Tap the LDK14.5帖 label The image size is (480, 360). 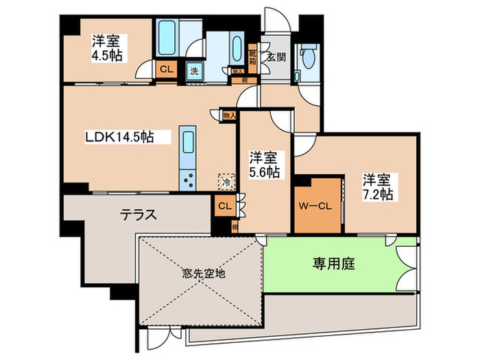point(118,137)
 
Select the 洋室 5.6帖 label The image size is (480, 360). point(264,164)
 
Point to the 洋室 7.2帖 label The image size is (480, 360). point(378,187)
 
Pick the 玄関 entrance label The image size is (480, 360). point(276,56)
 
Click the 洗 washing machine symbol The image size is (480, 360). point(194,70)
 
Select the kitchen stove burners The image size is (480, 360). point(188,178)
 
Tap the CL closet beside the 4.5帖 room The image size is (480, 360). point(165,69)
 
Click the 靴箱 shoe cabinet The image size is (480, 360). point(253,52)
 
